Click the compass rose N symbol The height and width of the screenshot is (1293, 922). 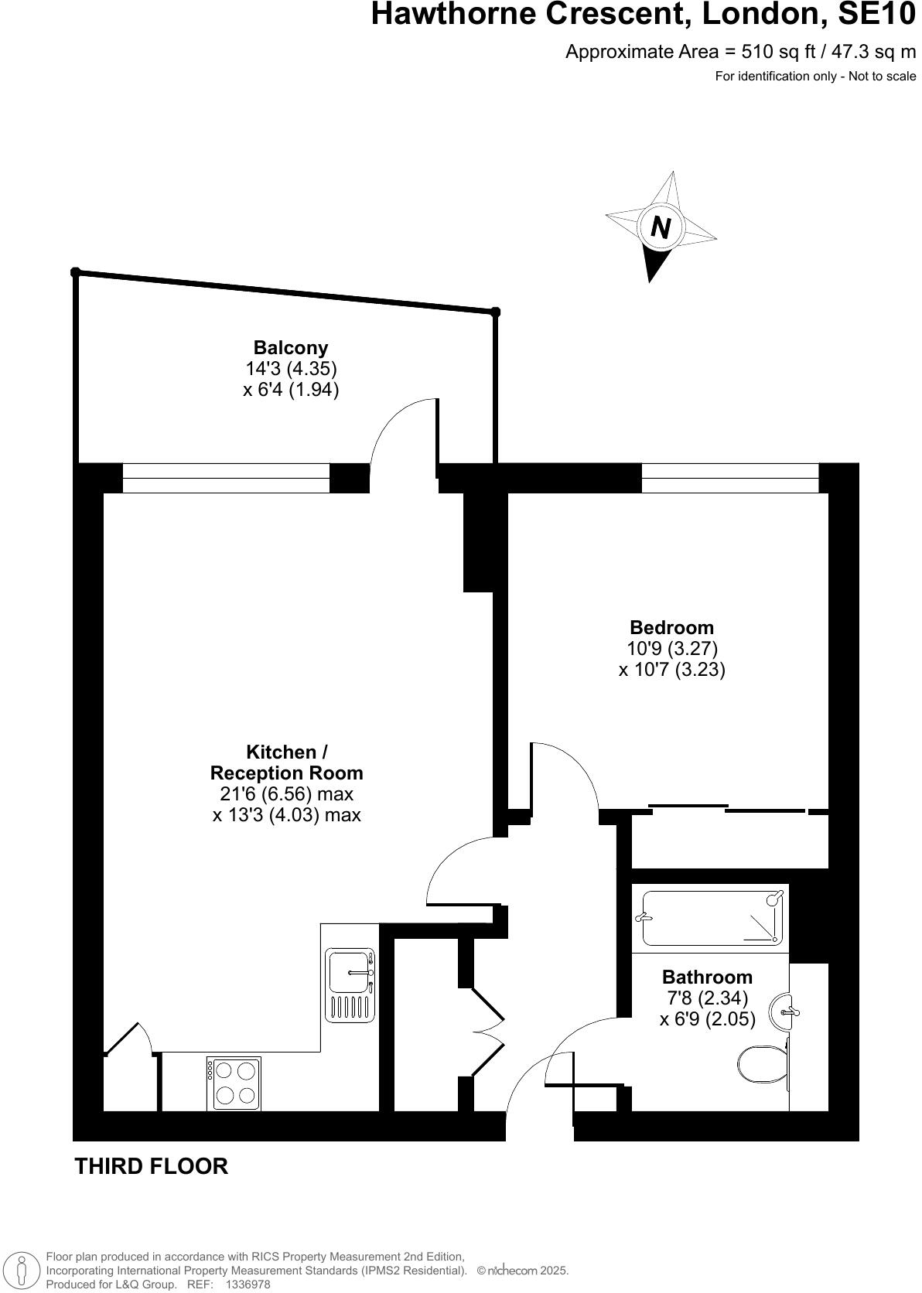[660, 227]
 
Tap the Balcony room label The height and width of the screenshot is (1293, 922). [291, 347]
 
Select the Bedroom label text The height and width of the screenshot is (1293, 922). [671, 627]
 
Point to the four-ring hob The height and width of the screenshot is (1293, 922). [234, 1083]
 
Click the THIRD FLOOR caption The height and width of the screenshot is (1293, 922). [151, 1166]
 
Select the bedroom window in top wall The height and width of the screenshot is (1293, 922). [729, 478]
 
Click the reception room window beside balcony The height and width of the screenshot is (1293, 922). [226, 478]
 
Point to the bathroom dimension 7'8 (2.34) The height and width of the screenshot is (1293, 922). [707, 998]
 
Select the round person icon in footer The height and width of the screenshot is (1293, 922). [22, 1270]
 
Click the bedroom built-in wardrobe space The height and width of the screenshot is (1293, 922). [729, 841]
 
